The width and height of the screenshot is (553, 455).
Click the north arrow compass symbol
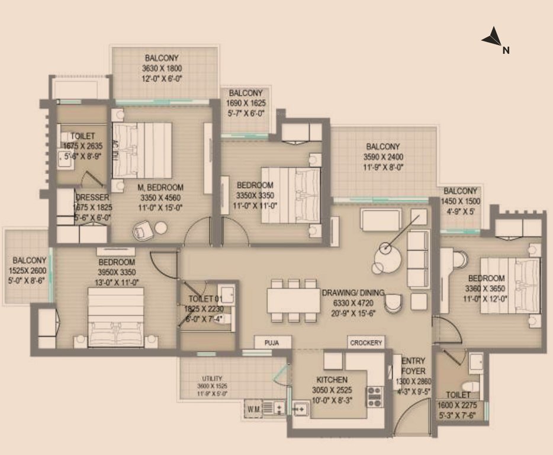[x=494, y=39]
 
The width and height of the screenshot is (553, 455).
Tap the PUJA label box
[x=273, y=342]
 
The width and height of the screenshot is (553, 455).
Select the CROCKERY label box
[x=366, y=342]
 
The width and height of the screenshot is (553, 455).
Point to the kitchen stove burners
[x=374, y=396]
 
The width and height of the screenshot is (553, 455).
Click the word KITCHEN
[x=332, y=379]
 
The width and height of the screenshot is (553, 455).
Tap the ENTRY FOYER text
[x=412, y=366]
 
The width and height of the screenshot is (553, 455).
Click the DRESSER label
[x=92, y=197]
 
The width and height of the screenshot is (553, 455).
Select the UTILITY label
[x=211, y=379]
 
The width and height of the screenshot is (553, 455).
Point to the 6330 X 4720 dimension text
[x=353, y=303]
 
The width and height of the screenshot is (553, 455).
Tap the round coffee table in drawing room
[x=388, y=255]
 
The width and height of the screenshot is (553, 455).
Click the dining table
[x=293, y=300]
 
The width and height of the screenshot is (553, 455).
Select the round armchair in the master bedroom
[x=144, y=230]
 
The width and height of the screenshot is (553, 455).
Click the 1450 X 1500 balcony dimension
[x=461, y=201]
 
